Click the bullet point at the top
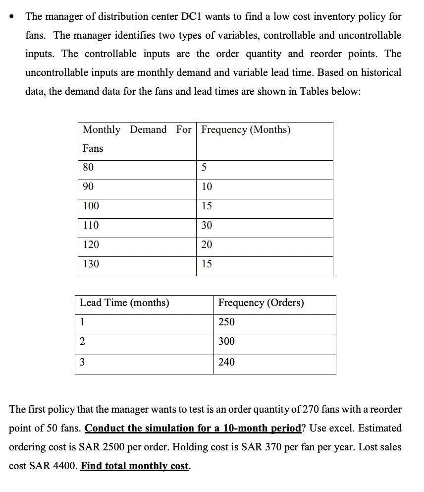coord(12,16)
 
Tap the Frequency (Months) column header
coord(246,129)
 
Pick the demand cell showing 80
coord(88,167)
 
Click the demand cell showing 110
coord(91,225)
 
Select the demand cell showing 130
coord(91,264)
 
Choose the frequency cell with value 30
coord(207,225)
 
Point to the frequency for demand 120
coord(207,245)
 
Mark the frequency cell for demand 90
coord(207,186)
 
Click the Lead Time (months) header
coord(124,303)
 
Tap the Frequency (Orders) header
coord(261,303)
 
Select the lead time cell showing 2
coord(82,341)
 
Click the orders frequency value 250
coord(226,322)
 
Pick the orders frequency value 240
coord(226,362)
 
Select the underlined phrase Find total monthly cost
coord(135,466)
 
